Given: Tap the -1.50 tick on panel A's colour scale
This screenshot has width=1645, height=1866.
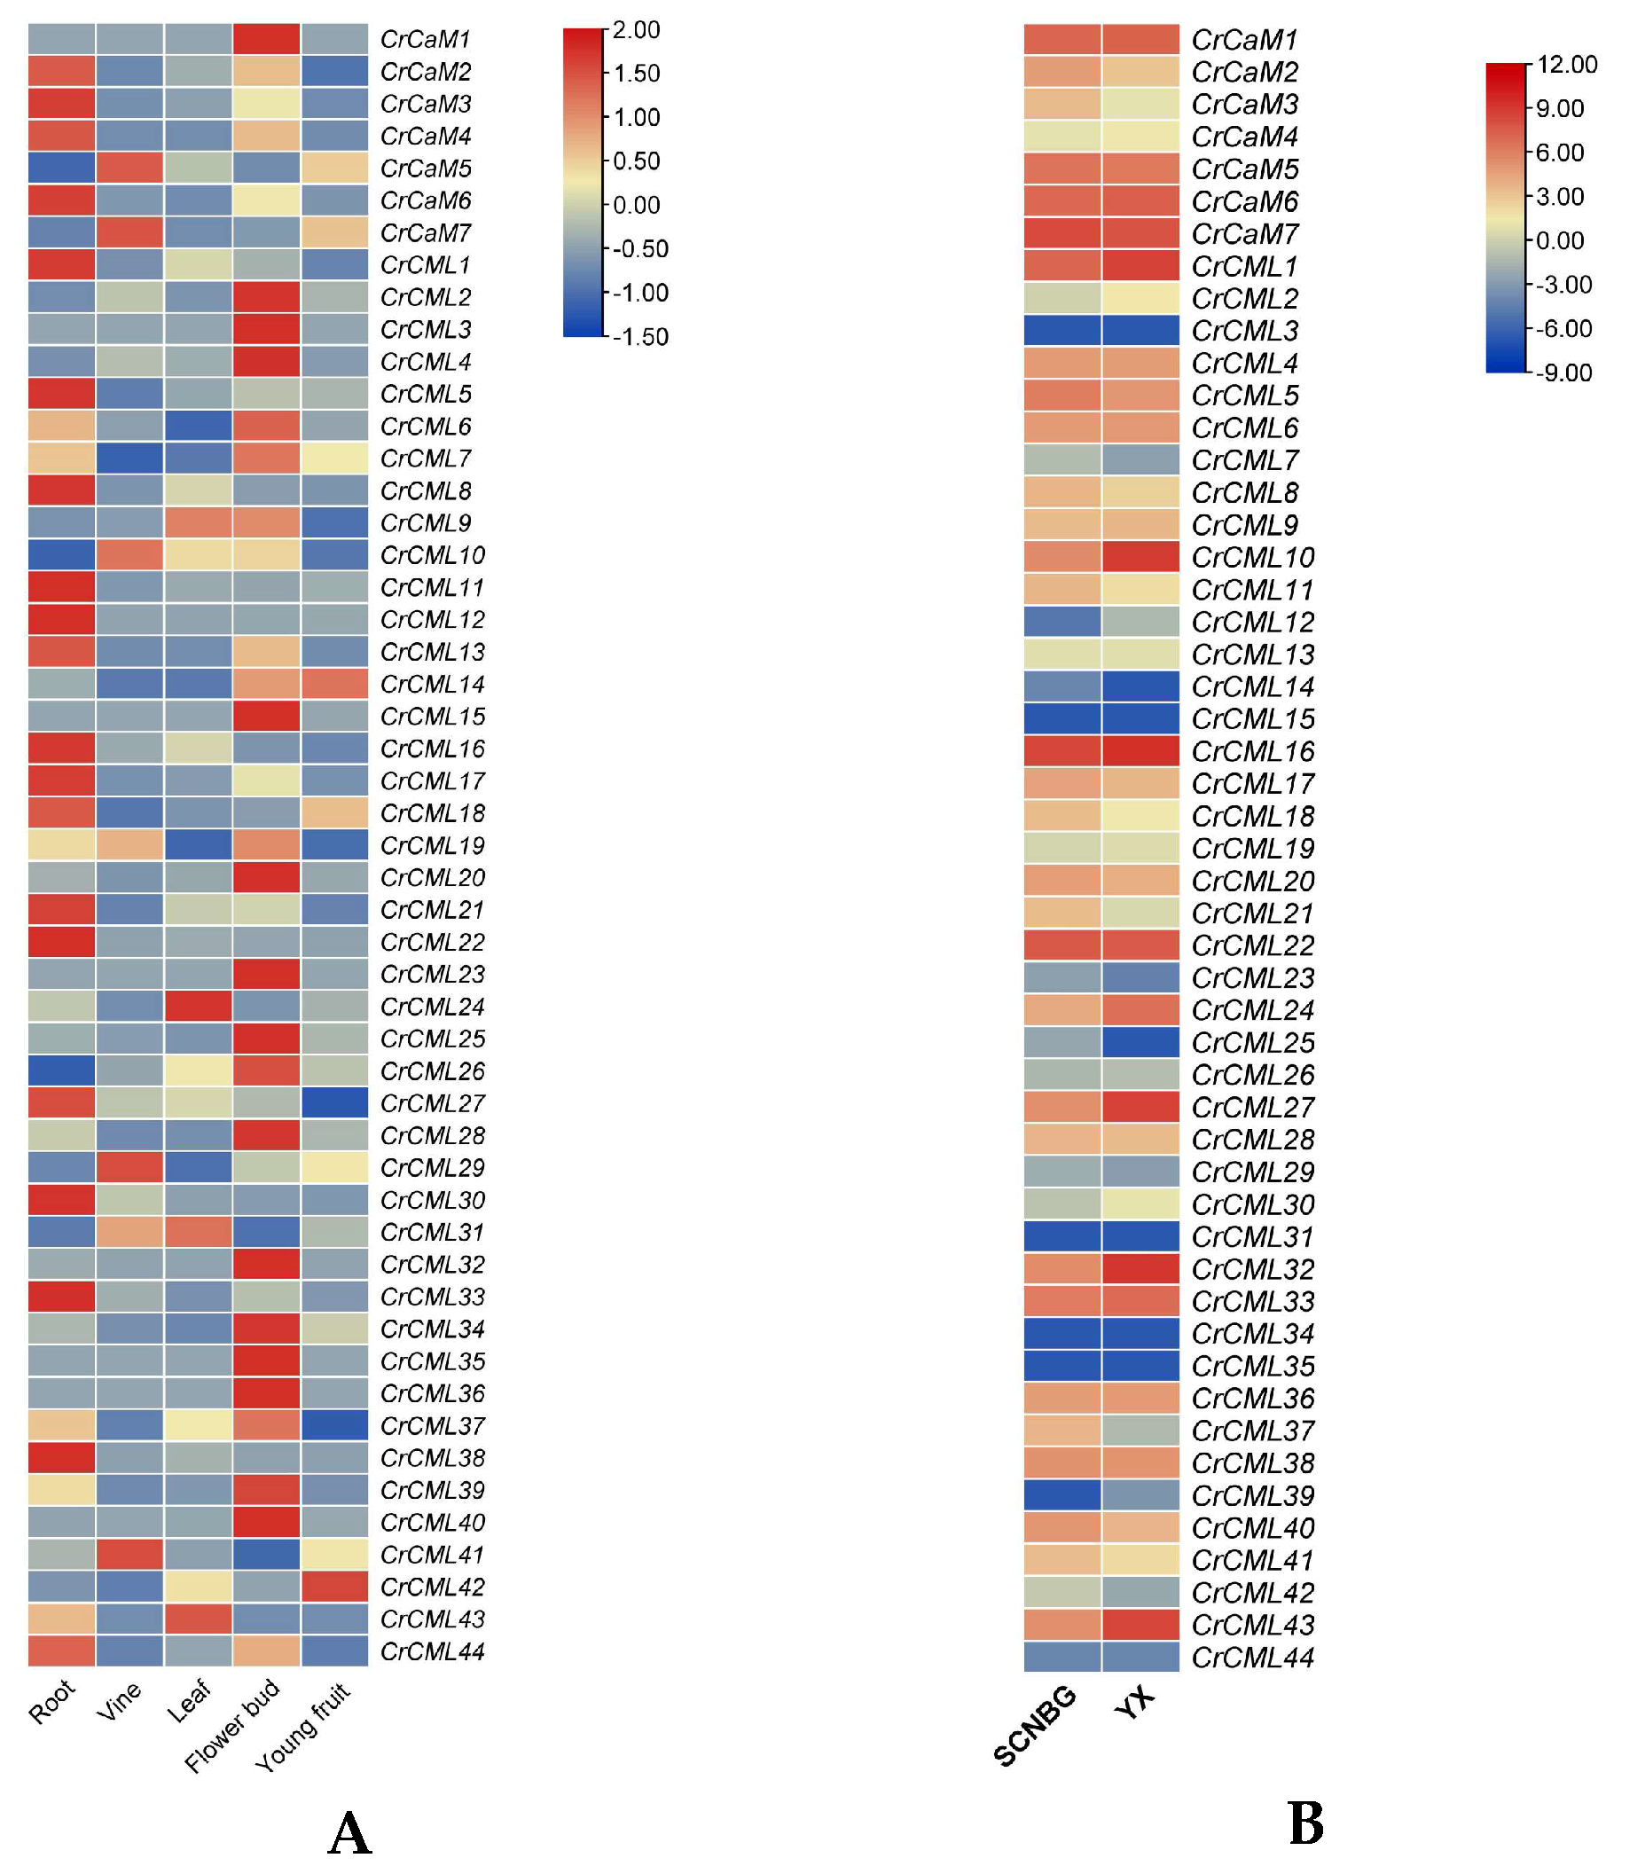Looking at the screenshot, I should (x=640, y=337).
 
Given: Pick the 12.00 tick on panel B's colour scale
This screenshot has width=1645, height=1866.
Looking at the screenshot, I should (x=1566, y=64).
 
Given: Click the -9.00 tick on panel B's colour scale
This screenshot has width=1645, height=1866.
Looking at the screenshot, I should (x=1563, y=372).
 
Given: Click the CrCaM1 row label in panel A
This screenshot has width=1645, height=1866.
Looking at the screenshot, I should (x=426, y=39).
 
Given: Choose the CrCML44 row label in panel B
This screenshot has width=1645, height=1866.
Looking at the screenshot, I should (x=1252, y=1657).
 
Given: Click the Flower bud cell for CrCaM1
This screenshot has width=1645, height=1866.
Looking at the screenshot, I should (x=267, y=39).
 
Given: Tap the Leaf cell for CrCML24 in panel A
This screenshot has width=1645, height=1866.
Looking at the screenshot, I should (x=198, y=1006).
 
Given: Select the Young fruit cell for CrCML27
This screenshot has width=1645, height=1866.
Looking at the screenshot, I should (x=335, y=1102).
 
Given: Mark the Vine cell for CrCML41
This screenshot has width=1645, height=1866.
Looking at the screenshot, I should (x=129, y=1555).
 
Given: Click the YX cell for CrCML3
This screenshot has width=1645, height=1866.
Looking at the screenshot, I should (x=1140, y=331).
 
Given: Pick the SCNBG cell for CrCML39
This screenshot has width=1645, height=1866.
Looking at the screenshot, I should (x=1061, y=1495).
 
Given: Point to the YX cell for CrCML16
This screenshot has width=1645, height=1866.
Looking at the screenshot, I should (x=1140, y=751).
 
